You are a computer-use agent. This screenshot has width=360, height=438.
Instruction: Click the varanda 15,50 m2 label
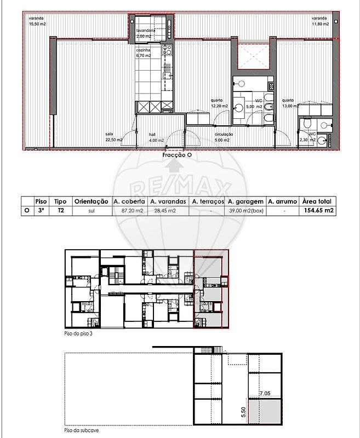37,21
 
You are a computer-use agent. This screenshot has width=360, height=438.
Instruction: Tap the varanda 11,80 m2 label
321,21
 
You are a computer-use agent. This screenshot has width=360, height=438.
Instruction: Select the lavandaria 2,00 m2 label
146,33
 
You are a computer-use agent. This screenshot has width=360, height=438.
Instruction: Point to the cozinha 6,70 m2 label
145,53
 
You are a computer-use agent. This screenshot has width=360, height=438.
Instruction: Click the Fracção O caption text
177,155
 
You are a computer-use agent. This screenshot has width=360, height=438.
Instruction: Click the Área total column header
318,201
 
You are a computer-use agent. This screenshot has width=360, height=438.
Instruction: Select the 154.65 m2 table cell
318,210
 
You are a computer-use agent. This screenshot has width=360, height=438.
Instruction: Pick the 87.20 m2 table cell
129,210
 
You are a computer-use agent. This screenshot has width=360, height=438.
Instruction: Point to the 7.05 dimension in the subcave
265,393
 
